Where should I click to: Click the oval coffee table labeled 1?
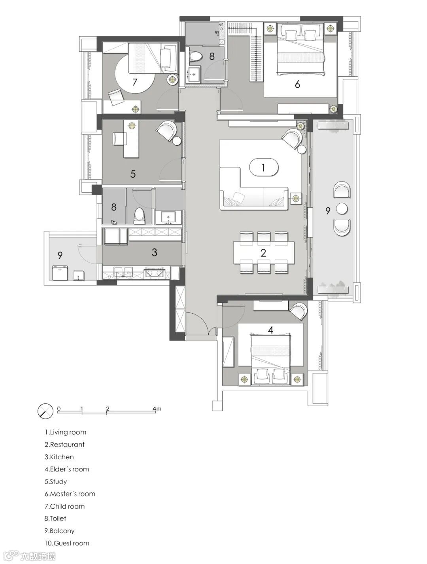click(x=263, y=168)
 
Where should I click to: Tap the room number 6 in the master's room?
click(x=297, y=84)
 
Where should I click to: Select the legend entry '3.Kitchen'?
click(x=59, y=457)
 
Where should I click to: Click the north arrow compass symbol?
click(x=45, y=411)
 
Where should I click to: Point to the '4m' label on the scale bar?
click(x=157, y=408)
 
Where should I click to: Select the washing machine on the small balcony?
click(x=60, y=273)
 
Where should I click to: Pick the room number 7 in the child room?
click(x=134, y=82)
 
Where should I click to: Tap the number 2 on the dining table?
click(x=263, y=253)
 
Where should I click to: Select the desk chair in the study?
click(x=120, y=139)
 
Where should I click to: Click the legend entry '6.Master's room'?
click(x=70, y=494)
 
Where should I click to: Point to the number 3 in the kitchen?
click(x=154, y=252)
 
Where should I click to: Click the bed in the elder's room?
click(x=271, y=359)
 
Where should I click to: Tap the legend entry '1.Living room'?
click(x=66, y=432)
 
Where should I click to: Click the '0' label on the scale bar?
click(x=59, y=408)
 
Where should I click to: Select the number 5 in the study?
click(x=133, y=174)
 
